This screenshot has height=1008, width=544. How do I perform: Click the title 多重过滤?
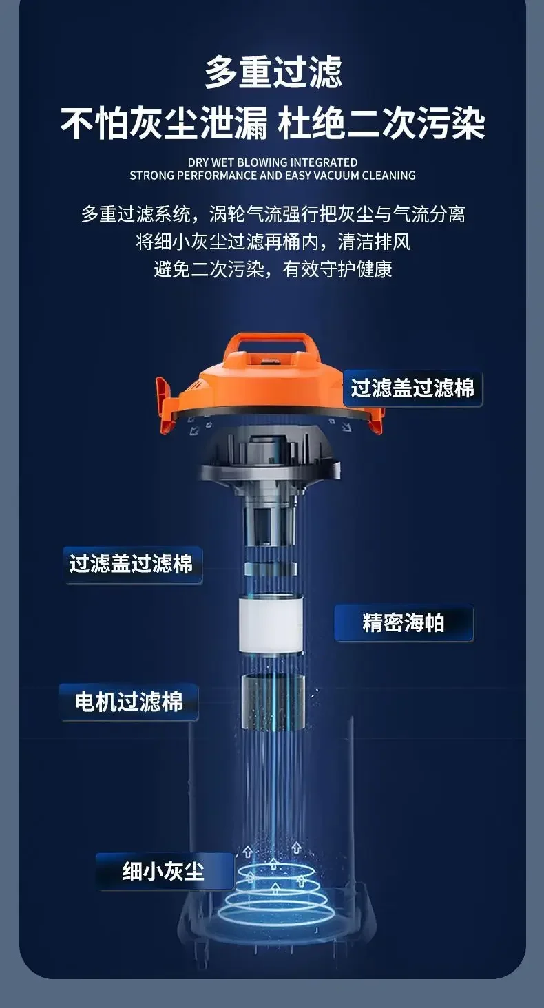[x=273, y=72]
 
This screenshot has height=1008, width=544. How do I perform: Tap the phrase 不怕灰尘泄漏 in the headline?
[x=165, y=123]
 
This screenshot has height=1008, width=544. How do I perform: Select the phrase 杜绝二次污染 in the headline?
[x=381, y=123]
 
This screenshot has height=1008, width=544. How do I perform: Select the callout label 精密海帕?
[x=404, y=623]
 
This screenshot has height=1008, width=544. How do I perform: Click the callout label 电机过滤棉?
[x=129, y=702]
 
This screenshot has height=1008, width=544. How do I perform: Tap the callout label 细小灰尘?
[x=164, y=871]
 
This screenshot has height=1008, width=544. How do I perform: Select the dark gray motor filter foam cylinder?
[x=273, y=701]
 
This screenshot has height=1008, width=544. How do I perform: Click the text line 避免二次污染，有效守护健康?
[x=273, y=269]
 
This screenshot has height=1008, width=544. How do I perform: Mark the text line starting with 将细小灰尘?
[x=273, y=242]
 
